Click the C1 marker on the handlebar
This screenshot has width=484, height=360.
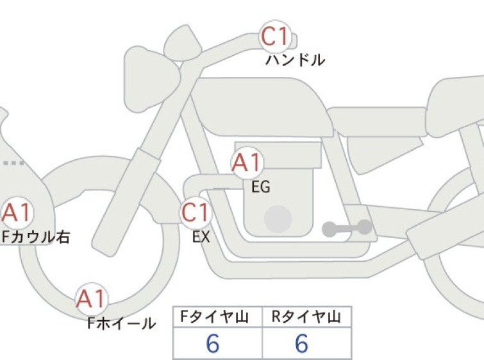275,36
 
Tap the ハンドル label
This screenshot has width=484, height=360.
295,60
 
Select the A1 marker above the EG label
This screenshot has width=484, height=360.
247,162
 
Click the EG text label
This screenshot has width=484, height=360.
260,187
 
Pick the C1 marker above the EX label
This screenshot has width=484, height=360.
196,212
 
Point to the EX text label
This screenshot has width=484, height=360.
201,237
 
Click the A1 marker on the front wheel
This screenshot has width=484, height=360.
92,298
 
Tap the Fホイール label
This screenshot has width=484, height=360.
121,323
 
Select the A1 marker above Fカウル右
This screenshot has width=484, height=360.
17,212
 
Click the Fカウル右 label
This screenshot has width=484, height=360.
36,237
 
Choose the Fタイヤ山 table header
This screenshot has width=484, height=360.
215,317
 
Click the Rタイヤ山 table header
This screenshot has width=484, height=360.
306,317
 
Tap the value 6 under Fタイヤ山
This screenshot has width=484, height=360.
213,343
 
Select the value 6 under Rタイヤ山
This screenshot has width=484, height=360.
301,343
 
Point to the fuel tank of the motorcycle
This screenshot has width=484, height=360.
262,107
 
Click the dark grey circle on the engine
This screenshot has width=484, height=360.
278,219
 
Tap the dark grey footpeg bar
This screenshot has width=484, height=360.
347,228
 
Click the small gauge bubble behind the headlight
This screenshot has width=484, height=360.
183,43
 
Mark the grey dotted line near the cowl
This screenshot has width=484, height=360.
13,163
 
